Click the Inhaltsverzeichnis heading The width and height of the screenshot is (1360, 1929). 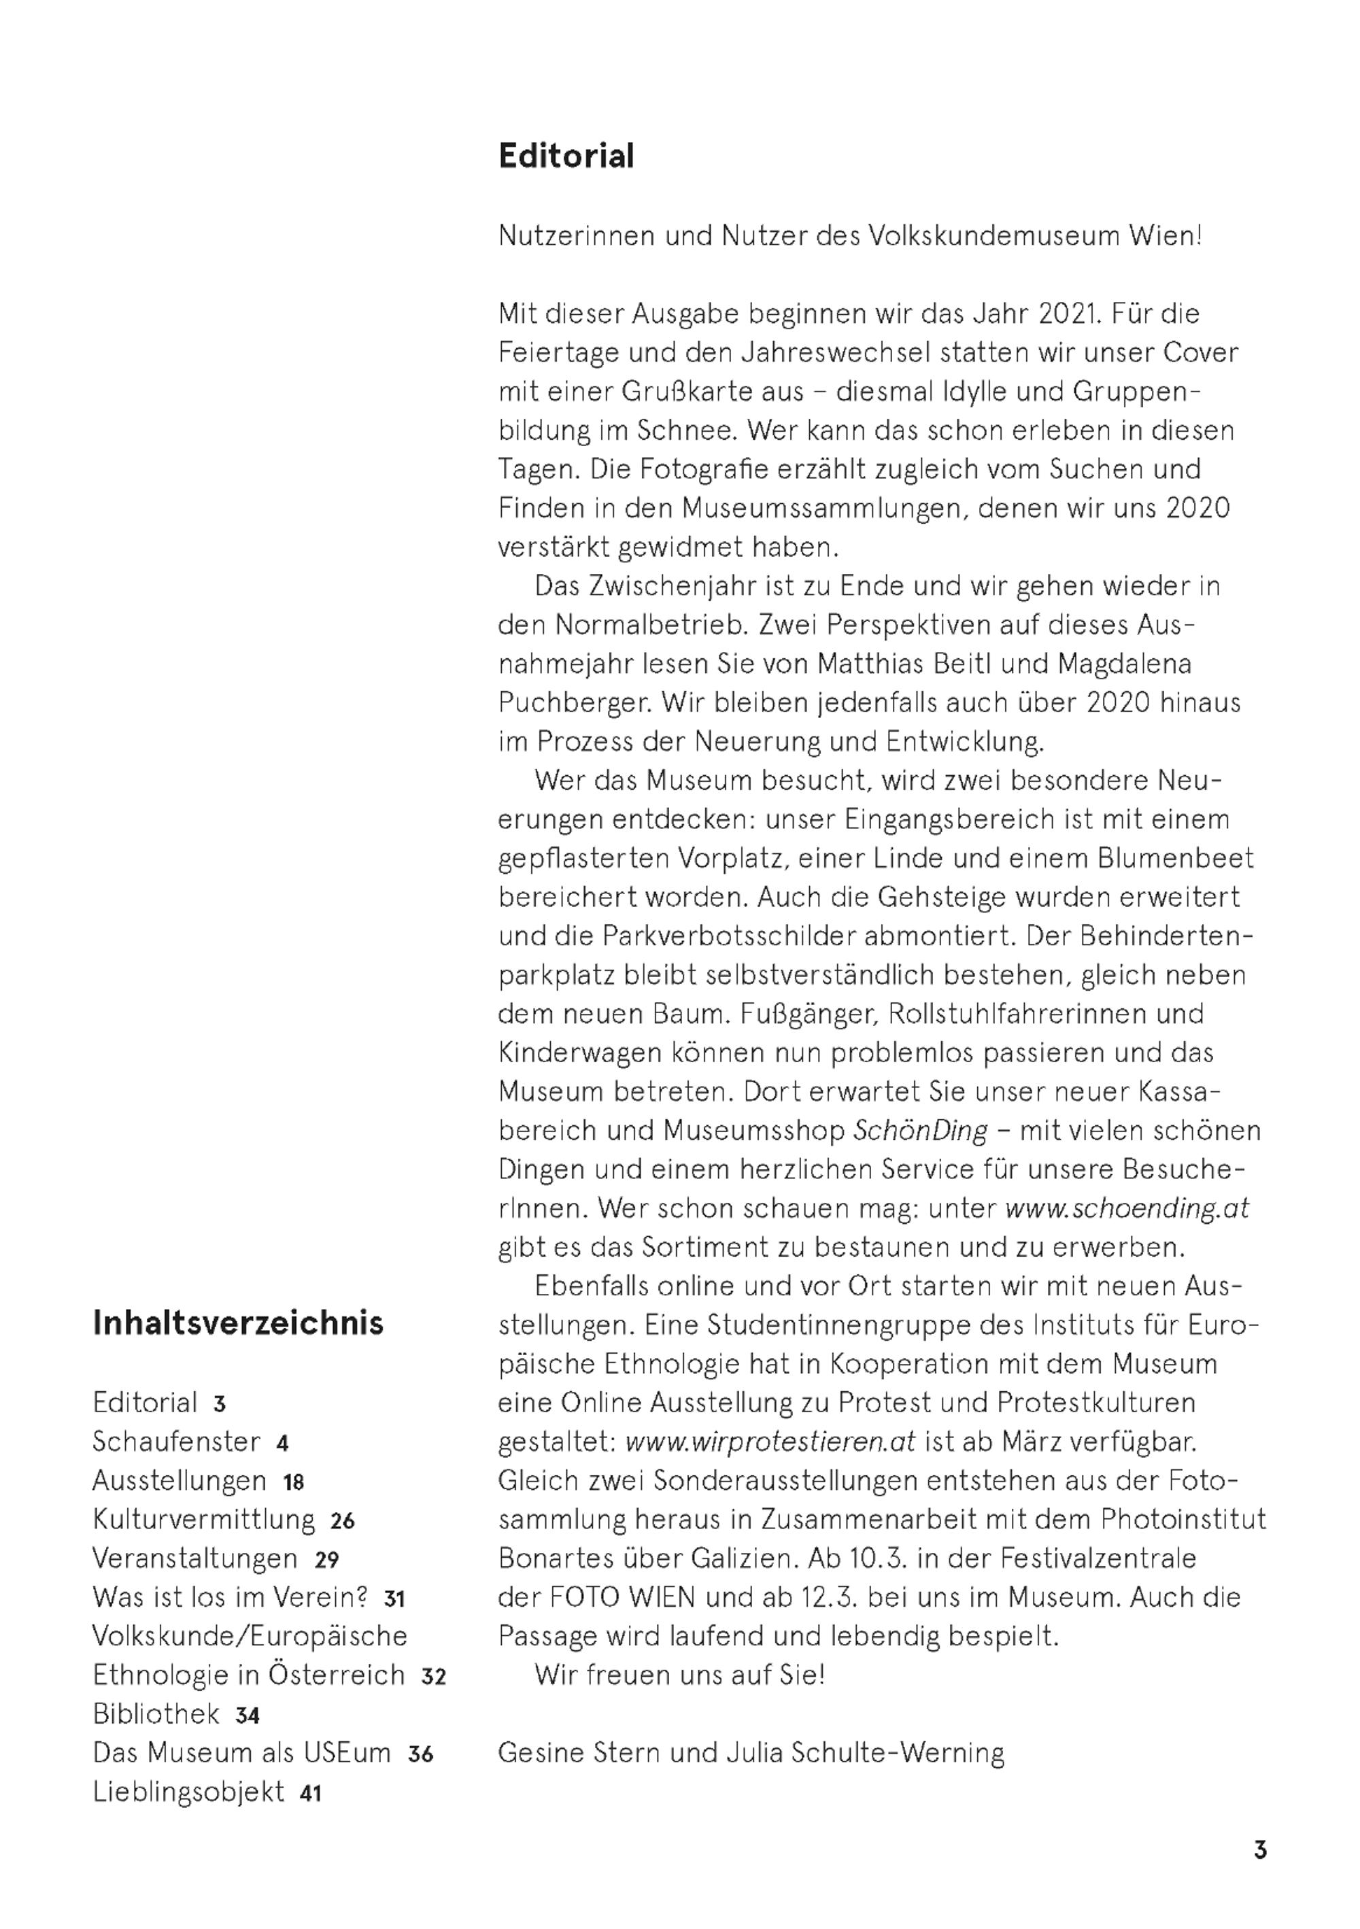coord(238,1322)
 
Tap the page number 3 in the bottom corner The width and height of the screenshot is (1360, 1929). coord(1260,1850)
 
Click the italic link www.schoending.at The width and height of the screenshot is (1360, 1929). coord(1127,1208)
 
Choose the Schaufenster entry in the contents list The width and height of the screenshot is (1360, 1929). coord(176,1441)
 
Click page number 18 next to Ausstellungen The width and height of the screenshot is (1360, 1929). coord(293,1482)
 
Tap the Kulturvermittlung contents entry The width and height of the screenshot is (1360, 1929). coord(203,1519)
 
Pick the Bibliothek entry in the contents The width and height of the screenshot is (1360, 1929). coord(156,1714)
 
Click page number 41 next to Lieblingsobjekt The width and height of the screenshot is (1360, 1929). coord(311,1794)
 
